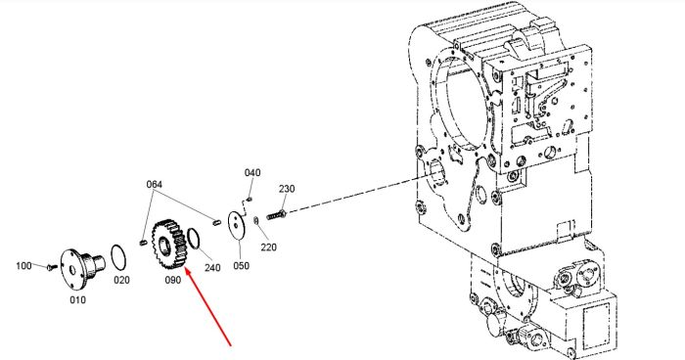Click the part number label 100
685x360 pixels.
(x=23, y=266)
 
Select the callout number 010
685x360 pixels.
(x=77, y=299)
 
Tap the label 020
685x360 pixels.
(x=121, y=280)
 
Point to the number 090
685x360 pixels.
(x=172, y=280)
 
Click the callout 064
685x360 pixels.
(x=155, y=184)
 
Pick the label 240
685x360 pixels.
(x=212, y=267)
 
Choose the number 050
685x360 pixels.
(x=241, y=265)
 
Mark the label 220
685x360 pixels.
(x=269, y=247)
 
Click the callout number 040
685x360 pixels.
(x=252, y=172)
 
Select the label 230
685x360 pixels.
(x=287, y=189)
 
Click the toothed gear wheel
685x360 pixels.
(x=169, y=245)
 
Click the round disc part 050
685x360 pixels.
(x=238, y=226)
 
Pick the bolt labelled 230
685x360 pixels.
(x=276, y=215)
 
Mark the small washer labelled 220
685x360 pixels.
(x=256, y=221)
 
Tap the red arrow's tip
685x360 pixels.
(x=185, y=269)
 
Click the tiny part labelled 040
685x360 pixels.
(x=249, y=200)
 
